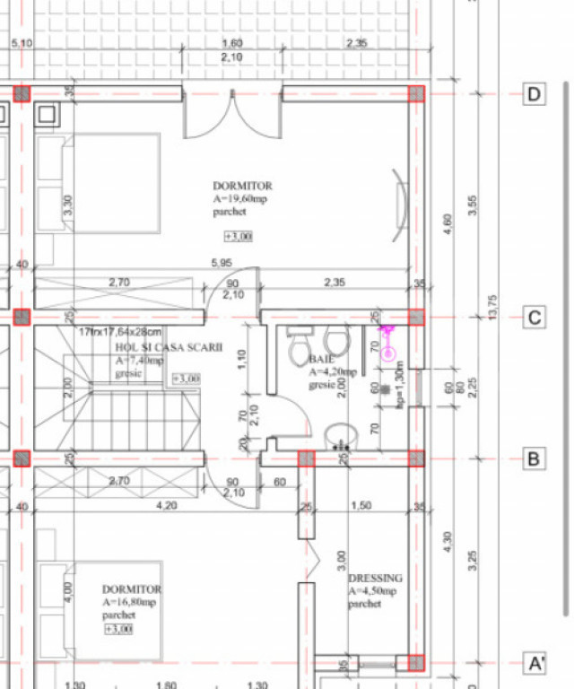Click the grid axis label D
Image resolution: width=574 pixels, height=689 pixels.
[x=535, y=94]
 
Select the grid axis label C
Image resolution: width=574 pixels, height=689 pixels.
[x=535, y=318]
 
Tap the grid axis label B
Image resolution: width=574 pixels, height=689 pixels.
[x=535, y=458]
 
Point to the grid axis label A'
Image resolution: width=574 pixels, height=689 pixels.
[x=535, y=663]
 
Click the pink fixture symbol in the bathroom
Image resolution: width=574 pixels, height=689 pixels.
[x=388, y=344]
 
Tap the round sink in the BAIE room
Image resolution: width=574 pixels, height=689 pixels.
[x=341, y=436]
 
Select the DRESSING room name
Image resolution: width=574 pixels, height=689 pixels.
[x=375, y=579]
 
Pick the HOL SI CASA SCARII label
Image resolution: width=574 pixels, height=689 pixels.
[x=168, y=347]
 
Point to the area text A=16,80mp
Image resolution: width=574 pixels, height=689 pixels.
[x=132, y=602]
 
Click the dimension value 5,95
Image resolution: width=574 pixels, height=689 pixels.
[x=224, y=264]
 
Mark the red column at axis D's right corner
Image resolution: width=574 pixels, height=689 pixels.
[x=416, y=93]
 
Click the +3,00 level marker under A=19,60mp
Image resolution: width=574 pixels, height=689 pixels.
[x=238, y=236]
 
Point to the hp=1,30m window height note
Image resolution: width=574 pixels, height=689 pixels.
[x=400, y=386]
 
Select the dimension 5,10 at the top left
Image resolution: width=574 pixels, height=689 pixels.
[x=22, y=43]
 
